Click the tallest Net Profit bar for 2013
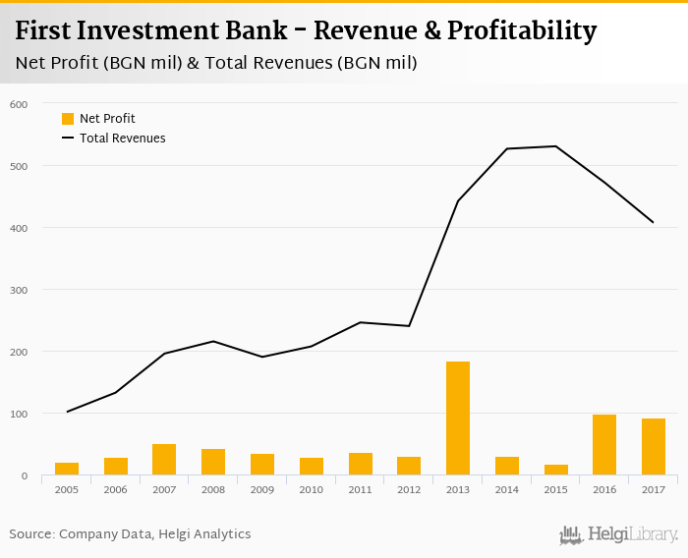[x=458, y=418]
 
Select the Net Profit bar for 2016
[x=604, y=445]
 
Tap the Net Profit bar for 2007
[x=164, y=460]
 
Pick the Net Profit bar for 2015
[x=555, y=470]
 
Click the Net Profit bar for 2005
[x=67, y=469]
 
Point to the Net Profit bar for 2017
[x=654, y=447]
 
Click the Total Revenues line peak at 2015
[x=555, y=146]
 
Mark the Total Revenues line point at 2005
[x=67, y=412]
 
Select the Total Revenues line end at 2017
[x=654, y=223]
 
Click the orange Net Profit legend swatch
[x=68, y=119]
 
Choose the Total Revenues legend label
[x=123, y=139]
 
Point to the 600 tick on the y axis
[x=18, y=104]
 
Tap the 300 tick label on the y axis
[x=18, y=290]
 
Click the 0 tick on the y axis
[x=24, y=475]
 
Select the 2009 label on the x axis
[x=261, y=488]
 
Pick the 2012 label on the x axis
[x=409, y=488]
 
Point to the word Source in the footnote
[x=31, y=534]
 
